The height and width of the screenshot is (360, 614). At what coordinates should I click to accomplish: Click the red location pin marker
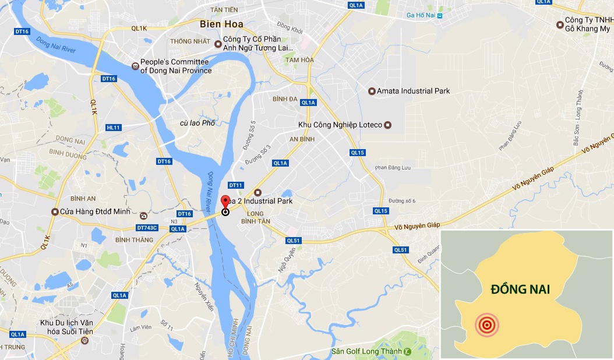[x=225, y=204]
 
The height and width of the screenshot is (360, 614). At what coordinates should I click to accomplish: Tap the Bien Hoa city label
[x=221, y=24]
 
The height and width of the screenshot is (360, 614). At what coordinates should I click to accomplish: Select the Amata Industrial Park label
[x=414, y=91]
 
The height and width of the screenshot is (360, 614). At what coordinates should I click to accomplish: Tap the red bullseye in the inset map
[x=486, y=325]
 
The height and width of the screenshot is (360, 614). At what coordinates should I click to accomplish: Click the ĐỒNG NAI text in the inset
[x=520, y=289]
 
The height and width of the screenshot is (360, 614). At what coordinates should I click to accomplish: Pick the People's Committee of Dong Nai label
[x=175, y=66]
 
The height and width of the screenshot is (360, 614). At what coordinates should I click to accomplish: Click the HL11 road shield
[x=113, y=128]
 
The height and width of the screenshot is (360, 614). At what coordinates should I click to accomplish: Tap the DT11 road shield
[x=235, y=185]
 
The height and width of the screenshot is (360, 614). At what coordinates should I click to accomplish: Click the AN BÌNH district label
[x=302, y=139]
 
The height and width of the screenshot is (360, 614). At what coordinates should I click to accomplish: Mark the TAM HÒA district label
[x=299, y=60]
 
